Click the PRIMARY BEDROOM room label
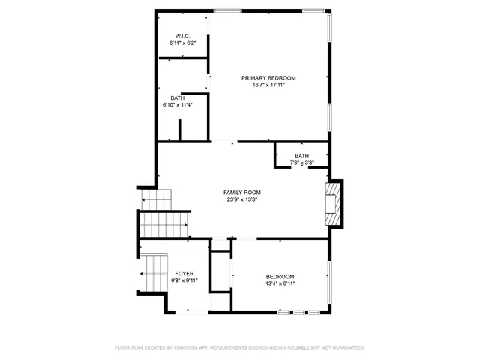[268, 78]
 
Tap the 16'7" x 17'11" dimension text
[268, 85]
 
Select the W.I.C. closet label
[183, 37]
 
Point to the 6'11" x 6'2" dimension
[183, 43]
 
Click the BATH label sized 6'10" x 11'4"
[177, 97]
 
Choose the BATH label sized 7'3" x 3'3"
[301, 156]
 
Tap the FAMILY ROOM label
[242, 193]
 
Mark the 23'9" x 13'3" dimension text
[242, 199]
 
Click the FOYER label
[184, 274]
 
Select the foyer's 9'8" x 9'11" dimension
[184, 280]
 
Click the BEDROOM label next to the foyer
[280, 277]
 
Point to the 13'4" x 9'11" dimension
[280, 283]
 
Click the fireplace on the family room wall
[334, 202]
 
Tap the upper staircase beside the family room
[157, 200]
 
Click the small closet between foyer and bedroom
[220, 277]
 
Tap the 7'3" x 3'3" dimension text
[301, 163]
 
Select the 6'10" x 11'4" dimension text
[177, 104]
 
